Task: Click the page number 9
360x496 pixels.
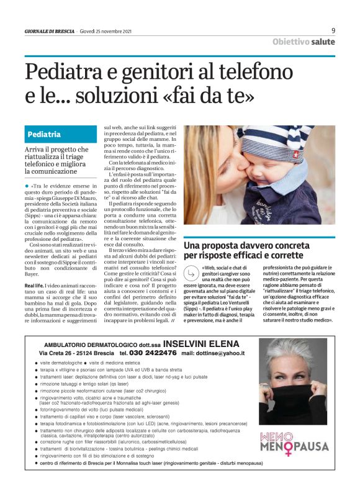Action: point(333,30)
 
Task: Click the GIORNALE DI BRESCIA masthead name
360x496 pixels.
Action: point(50,31)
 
